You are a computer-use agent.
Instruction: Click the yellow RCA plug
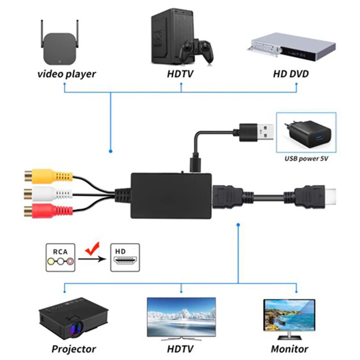click(49, 176)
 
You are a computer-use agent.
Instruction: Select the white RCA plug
click(48, 193)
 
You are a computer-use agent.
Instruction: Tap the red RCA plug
click(48, 211)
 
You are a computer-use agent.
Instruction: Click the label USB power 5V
click(306, 159)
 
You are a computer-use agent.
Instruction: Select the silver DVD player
click(291, 47)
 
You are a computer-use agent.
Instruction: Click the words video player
click(67, 74)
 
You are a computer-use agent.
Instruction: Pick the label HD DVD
click(291, 74)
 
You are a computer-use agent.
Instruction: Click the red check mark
click(92, 248)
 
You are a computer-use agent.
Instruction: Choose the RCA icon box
click(60, 258)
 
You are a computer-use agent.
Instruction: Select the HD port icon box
click(125, 258)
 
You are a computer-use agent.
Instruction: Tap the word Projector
click(74, 349)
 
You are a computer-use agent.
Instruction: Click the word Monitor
click(290, 349)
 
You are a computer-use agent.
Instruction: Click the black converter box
click(171, 196)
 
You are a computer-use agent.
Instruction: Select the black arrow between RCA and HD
click(92, 259)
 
